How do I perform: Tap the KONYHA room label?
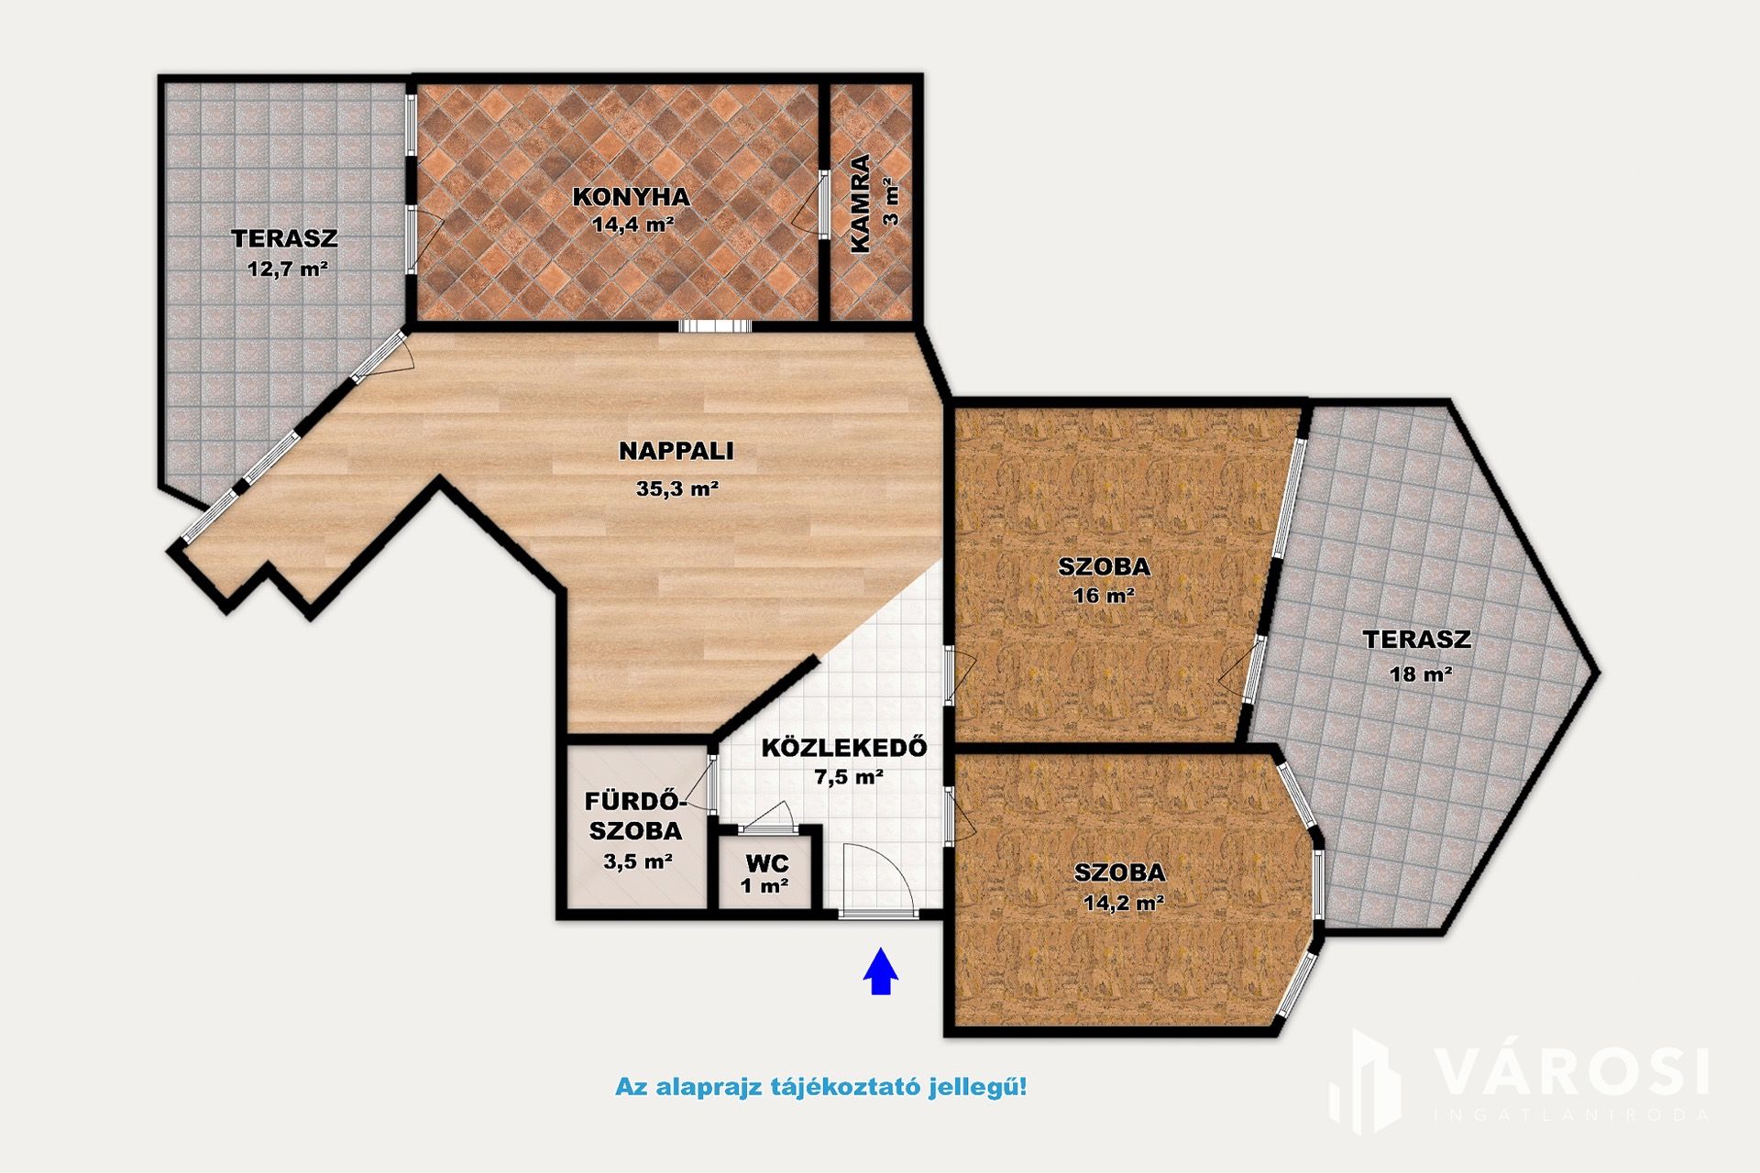631,197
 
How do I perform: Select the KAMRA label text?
860,203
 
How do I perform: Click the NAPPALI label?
676,451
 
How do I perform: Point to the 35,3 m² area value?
676,488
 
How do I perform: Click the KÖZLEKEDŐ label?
844,746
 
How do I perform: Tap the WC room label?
767,863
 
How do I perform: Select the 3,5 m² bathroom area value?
638,861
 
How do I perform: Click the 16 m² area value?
1104,596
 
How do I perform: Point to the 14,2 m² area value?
1124,903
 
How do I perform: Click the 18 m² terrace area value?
1421,674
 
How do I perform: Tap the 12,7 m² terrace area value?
288,269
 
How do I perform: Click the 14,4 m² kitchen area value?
633,224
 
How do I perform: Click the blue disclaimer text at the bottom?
821,1088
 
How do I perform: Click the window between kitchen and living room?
715,325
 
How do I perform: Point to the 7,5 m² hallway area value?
849,777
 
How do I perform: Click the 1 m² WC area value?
764,886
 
